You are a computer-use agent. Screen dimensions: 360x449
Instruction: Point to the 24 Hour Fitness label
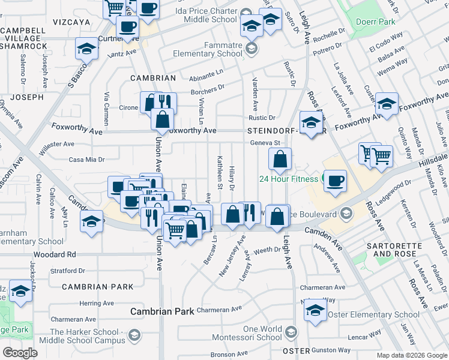pos(288,179)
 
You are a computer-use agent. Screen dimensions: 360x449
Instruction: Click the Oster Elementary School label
pos(373,314)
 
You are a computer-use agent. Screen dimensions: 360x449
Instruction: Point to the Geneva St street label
pos(266,143)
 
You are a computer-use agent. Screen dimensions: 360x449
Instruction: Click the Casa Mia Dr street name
pos(86,160)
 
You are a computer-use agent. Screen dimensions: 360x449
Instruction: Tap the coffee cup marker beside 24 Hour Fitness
pos(335,181)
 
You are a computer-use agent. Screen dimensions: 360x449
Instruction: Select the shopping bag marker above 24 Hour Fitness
pos(280,160)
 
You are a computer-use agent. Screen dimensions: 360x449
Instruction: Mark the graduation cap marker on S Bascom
pos(86,49)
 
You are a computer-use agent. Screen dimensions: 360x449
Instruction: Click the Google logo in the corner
pos(20,353)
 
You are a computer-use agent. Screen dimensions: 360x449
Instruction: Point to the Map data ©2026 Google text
pos(411,355)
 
